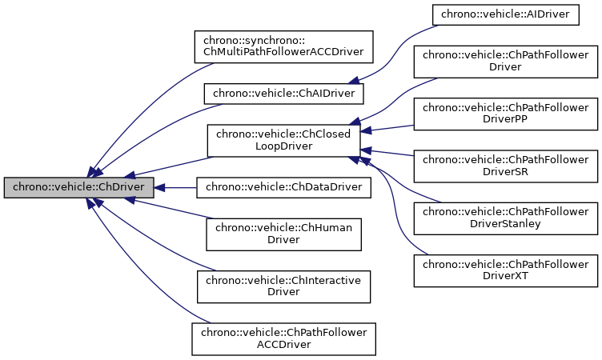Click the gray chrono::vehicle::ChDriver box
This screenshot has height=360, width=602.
coord(78,188)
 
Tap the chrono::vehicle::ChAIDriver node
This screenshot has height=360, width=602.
coord(284,94)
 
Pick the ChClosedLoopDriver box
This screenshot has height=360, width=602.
coord(283,140)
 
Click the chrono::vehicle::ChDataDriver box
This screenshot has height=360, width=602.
coord(284,188)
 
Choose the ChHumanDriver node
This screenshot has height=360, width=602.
coord(283,234)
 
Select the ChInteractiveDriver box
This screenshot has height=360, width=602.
coord(283,286)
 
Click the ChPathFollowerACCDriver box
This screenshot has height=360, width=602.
coord(283,338)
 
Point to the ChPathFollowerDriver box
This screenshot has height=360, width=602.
coord(505,61)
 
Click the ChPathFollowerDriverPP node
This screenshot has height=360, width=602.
coord(505,113)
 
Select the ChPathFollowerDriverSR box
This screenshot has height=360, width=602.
coord(505,165)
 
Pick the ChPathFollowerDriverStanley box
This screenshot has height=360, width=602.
coord(505,217)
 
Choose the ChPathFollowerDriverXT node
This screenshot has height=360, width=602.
coord(505,270)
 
